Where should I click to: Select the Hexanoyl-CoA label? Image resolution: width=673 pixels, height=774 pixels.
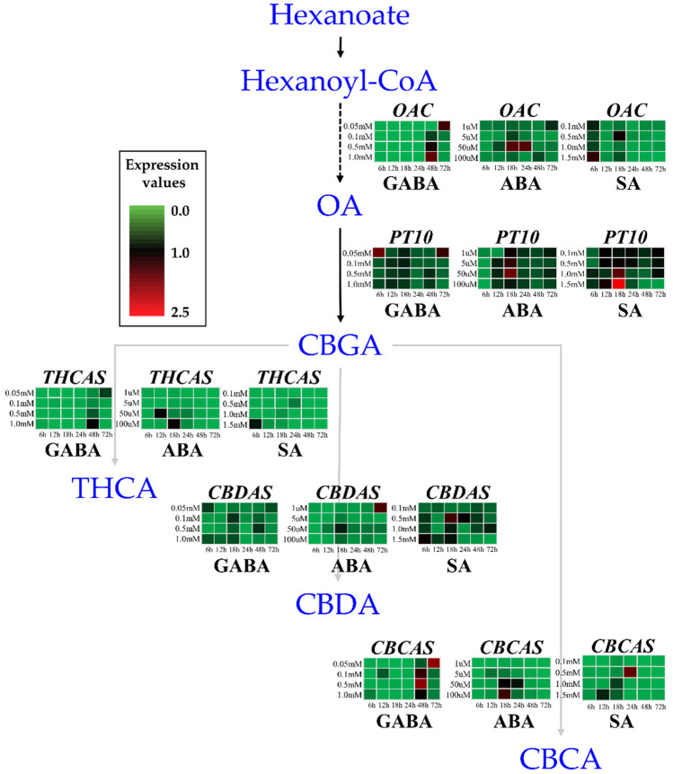(339, 83)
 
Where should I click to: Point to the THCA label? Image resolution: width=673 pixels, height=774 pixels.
(114, 488)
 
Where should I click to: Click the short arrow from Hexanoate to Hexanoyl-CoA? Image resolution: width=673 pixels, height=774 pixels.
(340, 47)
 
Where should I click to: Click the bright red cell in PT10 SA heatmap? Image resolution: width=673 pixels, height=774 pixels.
(617, 285)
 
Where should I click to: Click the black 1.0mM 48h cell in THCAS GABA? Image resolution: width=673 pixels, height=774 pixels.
(93, 424)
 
